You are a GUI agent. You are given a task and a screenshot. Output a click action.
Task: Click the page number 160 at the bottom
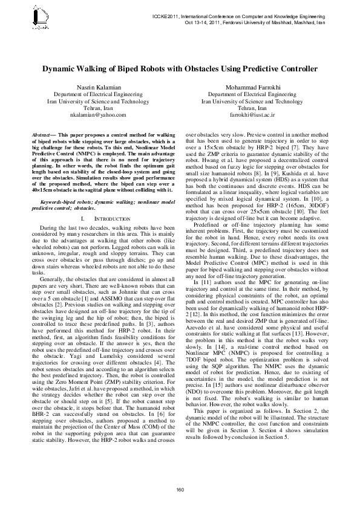click(180, 488)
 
